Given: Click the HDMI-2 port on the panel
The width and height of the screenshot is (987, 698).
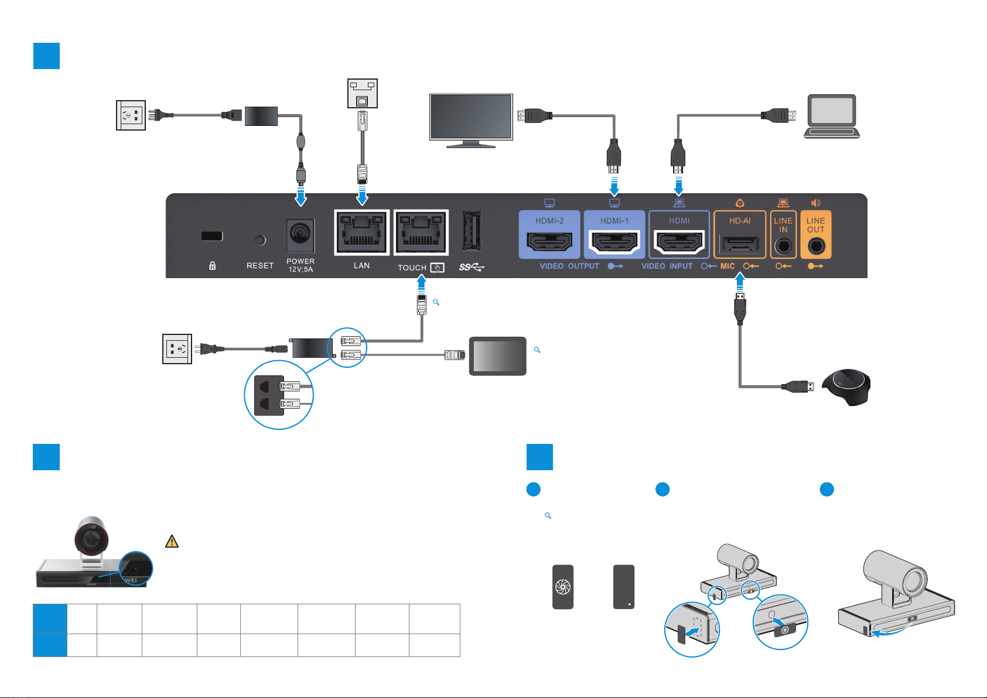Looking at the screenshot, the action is click(549, 242).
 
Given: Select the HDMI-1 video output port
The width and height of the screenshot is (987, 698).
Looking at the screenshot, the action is click(614, 242).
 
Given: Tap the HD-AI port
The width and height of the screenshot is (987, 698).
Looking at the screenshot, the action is click(739, 243).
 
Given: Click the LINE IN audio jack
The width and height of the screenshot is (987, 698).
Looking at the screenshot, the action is click(783, 246).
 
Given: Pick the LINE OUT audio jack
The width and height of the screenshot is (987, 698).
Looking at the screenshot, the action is click(815, 246).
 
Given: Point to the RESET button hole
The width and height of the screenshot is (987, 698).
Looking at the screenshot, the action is click(261, 240).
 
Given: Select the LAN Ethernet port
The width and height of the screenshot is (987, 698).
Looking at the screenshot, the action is click(362, 232).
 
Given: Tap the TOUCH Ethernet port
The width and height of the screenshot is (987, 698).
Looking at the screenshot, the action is click(421, 232).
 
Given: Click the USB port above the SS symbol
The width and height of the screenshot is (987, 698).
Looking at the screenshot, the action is click(472, 231).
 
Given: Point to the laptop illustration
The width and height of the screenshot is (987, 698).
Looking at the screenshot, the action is click(831, 117).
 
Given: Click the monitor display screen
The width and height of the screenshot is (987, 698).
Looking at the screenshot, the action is click(471, 117).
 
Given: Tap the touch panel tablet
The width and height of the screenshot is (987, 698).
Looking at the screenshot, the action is click(497, 356).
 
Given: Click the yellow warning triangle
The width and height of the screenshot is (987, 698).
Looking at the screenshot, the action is click(172, 541).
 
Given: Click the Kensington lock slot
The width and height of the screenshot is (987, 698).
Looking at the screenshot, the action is click(212, 236).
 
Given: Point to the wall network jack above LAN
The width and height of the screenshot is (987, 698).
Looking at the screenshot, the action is click(362, 93).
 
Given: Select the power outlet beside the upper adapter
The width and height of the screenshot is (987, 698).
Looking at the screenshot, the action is click(131, 115).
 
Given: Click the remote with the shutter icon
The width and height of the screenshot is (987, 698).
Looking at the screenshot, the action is click(563, 587).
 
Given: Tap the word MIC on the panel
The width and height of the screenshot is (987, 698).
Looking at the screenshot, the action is click(728, 266).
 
